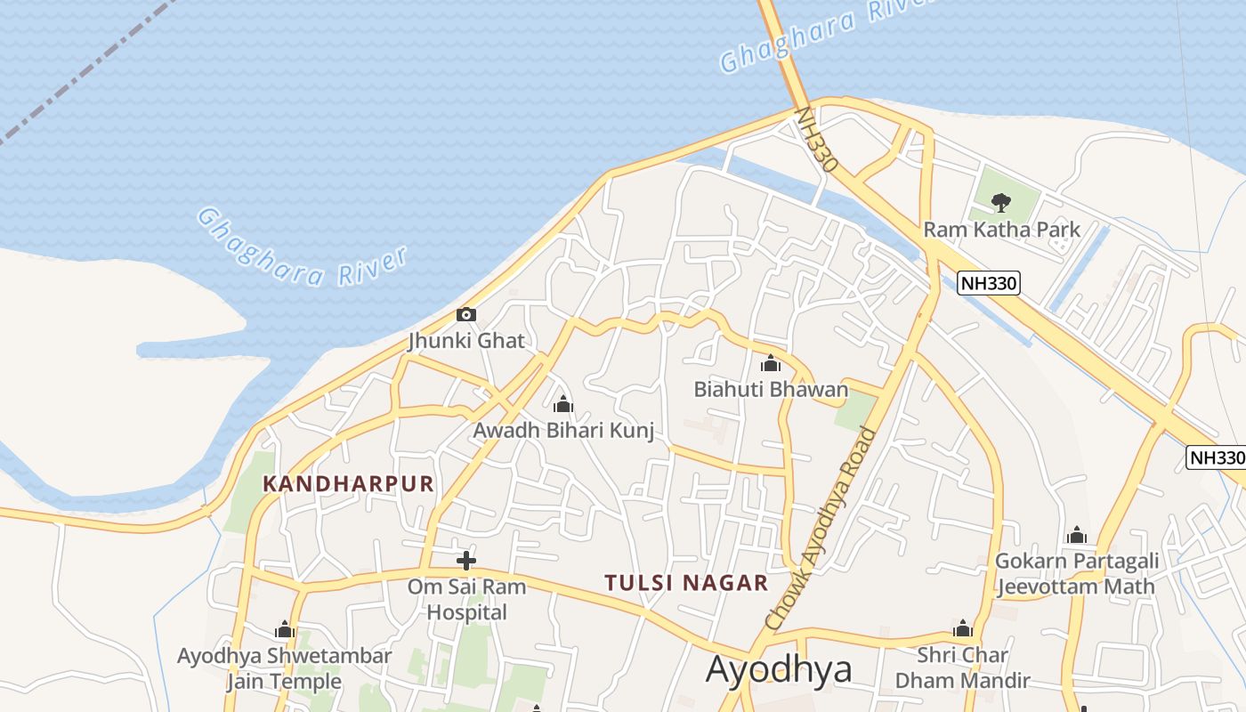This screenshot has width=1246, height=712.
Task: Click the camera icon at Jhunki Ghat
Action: (x=465, y=314)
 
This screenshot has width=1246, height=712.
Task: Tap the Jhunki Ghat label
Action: (x=466, y=340)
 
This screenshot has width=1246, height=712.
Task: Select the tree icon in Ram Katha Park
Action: (x=1001, y=202)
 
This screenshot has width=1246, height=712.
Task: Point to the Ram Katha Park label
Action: (x=1001, y=230)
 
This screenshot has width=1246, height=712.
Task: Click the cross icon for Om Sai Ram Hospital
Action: (x=465, y=561)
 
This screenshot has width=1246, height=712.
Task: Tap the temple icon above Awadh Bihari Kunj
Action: (x=563, y=405)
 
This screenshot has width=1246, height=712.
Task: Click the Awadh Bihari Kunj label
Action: (x=563, y=432)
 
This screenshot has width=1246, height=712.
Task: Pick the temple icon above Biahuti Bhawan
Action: (x=771, y=363)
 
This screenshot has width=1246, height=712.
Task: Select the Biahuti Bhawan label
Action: (x=771, y=390)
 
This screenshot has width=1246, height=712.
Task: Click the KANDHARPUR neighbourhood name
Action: (x=349, y=484)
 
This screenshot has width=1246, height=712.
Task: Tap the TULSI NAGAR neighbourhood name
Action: (x=686, y=583)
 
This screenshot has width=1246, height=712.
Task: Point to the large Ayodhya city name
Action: (x=779, y=669)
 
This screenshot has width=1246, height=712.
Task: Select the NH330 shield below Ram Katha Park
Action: (x=988, y=284)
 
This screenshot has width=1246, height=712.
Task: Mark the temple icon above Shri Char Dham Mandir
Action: (x=963, y=629)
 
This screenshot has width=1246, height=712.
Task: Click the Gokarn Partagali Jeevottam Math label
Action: (x=1076, y=573)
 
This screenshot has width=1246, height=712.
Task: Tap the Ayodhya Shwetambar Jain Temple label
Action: (x=284, y=668)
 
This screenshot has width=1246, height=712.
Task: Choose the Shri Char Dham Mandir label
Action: (x=962, y=668)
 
